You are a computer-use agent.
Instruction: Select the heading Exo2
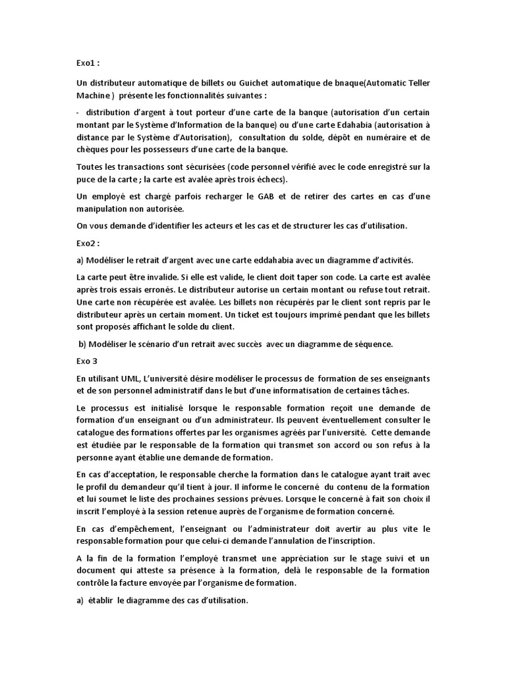[x=86, y=243]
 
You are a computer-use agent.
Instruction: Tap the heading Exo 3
[x=85, y=361]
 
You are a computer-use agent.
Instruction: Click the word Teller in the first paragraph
[x=415, y=82]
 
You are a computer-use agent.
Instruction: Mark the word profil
[x=96, y=486]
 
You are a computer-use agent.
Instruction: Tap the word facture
[x=155, y=583]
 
